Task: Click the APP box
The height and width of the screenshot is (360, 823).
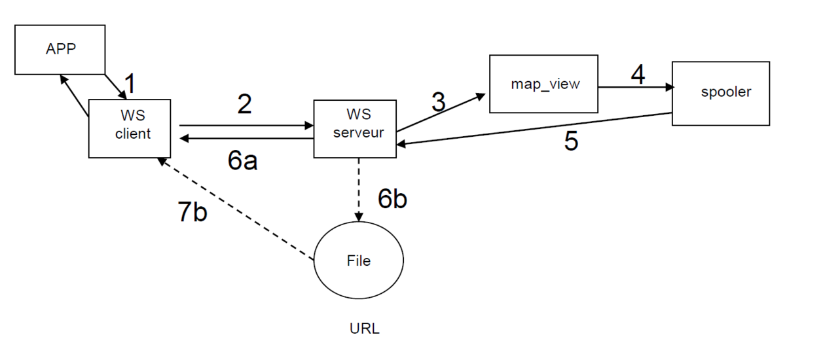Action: [x=60, y=50]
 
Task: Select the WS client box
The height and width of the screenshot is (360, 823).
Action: [x=130, y=128]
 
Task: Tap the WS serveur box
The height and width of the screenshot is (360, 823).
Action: [x=355, y=128]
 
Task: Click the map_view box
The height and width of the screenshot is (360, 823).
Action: [x=543, y=84]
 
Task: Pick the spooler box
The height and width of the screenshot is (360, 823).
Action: [x=720, y=93]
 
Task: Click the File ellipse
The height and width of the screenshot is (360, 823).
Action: [x=359, y=261]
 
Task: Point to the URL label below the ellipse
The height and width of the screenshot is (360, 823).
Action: [x=365, y=329]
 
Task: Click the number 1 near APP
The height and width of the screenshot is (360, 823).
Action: [x=131, y=84]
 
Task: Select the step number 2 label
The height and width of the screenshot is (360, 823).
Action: [x=244, y=104]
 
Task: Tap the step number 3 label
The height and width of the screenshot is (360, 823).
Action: [x=438, y=102]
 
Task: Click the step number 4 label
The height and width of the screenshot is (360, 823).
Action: [x=637, y=75]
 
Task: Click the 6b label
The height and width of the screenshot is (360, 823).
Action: [x=392, y=199]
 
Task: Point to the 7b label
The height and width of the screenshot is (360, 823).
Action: [x=192, y=213]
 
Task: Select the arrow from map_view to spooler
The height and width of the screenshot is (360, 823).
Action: [x=635, y=86]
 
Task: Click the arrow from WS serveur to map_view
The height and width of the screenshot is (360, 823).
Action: [x=440, y=115]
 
